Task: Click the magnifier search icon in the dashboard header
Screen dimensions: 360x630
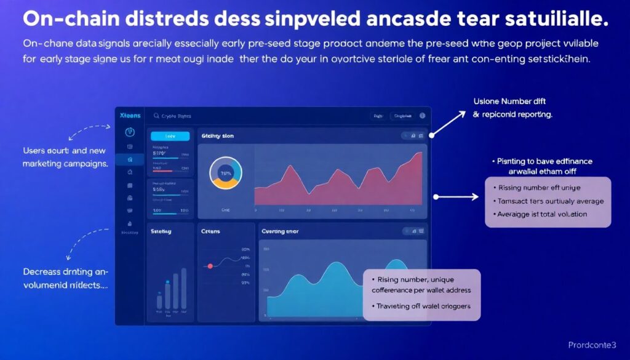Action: click(x=156, y=116)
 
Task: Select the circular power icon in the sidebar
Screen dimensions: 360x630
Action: click(x=130, y=132)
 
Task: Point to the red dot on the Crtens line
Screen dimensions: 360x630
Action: click(x=210, y=266)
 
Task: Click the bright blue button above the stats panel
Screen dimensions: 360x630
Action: click(x=170, y=136)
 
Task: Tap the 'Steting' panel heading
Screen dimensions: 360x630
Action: click(x=161, y=231)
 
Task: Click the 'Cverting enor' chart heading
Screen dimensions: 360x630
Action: click(x=281, y=231)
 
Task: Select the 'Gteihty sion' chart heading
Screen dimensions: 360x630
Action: click(x=217, y=135)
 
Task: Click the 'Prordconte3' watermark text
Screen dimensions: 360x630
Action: click(x=592, y=345)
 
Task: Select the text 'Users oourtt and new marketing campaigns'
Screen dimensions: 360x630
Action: click(x=65, y=157)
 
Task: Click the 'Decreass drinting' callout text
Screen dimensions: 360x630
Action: click(x=65, y=278)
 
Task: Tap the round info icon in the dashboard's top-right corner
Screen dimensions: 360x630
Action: click(x=422, y=116)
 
